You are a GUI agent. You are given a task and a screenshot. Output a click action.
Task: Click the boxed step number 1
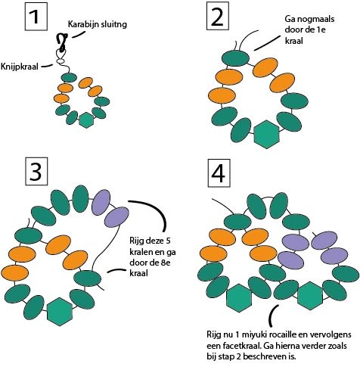click(36, 17)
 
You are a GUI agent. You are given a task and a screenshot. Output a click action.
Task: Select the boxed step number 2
click(218, 16)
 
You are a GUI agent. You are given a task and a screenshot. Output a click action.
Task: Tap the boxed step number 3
click(36, 172)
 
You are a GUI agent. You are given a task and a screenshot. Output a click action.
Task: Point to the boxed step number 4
click(219, 173)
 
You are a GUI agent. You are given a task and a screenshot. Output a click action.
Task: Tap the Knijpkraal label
click(20, 67)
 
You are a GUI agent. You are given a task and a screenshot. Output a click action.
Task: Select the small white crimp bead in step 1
click(61, 61)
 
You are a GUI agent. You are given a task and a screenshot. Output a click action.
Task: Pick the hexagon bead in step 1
click(86, 120)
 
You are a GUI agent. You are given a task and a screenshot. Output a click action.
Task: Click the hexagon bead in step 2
click(266, 134)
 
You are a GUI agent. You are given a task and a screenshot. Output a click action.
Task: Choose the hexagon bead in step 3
click(60, 312)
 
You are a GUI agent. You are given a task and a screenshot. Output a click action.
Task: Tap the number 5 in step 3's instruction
click(168, 241)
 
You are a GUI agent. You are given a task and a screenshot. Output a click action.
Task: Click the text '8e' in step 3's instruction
click(165, 263)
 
